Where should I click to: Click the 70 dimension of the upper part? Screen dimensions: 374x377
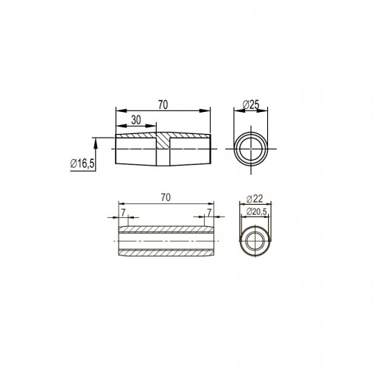pyautogui.click(x=163, y=105)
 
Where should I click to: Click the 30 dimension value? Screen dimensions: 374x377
pyautogui.click(x=136, y=120)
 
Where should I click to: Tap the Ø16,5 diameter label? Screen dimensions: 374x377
pyautogui.click(x=82, y=163)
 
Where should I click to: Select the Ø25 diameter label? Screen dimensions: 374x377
pyautogui.click(x=251, y=105)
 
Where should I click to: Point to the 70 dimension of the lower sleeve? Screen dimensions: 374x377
pyautogui.click(x=166, y=197)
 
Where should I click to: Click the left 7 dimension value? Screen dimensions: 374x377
pyautogui.click(x=123, y=213)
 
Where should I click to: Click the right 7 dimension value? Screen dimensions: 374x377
pyautogui.click(x=209, y=213)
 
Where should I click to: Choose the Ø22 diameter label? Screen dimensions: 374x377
pyautogui.click(x=255, y=199)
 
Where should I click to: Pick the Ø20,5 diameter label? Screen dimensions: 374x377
pyautogui.click(x=256, y=211)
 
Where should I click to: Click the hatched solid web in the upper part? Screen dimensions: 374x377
pyautogui.click(x=163, y=141)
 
